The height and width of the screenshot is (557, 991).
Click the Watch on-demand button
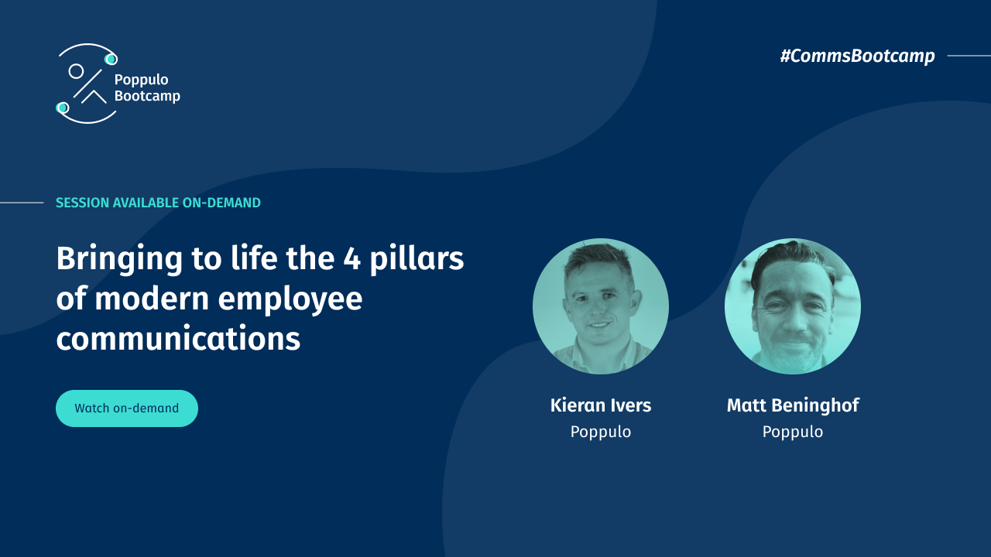pyautogui.click(x=127, y=408)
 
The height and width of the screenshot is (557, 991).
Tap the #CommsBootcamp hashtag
pyautogui.click(x=857, y=56)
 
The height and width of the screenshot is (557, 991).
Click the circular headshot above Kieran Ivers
pyautogui.click(x=601, y=306)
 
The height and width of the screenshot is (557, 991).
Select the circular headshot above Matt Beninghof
pyautogui.click(x=793, y=306)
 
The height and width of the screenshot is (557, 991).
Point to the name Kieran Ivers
pyautogui.click(x=601, y=405)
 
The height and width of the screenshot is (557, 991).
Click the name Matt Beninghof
pyautogui.click(x=793, y=405)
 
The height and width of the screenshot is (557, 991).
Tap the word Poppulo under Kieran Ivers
pyautogui.click(x=601, y=432)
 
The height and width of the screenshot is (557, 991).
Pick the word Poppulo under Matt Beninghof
pyautogui.click(x=793, y=432)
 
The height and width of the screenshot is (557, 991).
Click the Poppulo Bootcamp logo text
pyautogui.click(x=146, y=87)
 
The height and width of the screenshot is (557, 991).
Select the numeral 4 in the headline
pyautogui.click(x=352, y=258)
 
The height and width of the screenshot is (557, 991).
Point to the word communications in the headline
pyautogui.click(x=178, y=339)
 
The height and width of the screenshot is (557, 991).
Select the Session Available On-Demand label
pyautogui.click(x=158, y=203)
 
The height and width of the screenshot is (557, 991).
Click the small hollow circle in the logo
pyautogui.click(x=76, y=71)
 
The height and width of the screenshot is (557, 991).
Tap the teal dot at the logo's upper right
pyautogui.click(x=111, y=59)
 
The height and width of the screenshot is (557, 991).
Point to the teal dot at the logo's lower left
pyautogui.click(x=63, y=108)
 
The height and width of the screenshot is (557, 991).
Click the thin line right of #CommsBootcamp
pyautogui.click(x=969, y=56)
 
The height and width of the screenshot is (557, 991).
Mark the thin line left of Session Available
pyautogui.click(x=22, y=203)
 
